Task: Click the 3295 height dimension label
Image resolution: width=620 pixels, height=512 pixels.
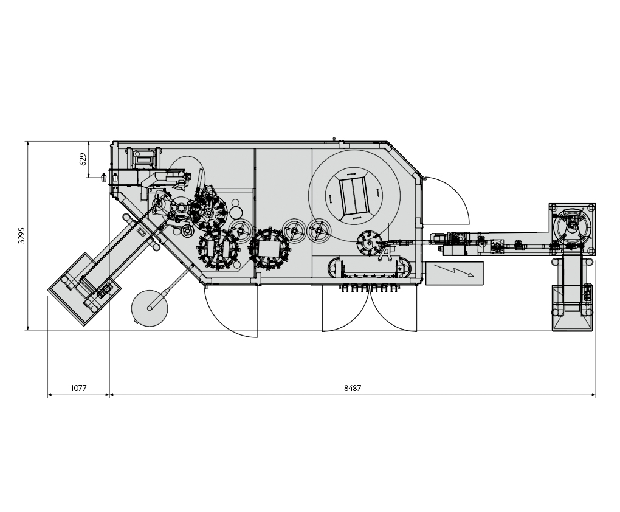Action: point(21,235)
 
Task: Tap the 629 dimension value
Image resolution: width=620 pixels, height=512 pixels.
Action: point(83,159)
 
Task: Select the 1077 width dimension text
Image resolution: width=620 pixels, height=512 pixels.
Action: point(78,387)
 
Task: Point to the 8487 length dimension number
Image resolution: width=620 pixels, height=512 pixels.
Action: point(352,387)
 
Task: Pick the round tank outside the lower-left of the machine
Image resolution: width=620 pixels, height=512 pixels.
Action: point(150,307)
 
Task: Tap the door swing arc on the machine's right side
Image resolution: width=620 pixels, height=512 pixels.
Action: point(447,201)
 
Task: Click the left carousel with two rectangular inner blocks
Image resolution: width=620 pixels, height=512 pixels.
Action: point(217,249)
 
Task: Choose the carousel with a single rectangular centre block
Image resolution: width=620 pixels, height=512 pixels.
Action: point(268,249)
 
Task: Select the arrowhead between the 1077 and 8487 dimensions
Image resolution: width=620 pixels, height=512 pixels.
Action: point(109,395)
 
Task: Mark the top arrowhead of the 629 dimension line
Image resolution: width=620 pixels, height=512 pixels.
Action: point(89,143)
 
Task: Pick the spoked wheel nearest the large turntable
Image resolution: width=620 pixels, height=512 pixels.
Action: point(319,230)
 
